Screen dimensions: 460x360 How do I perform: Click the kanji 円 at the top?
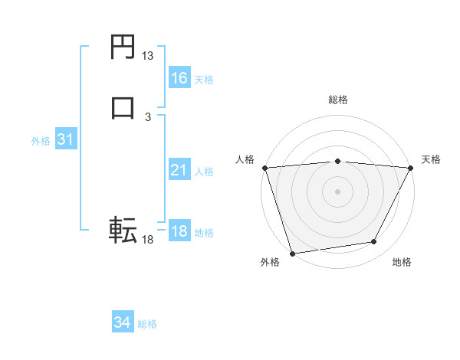pyautogui.click(x=123, y=47)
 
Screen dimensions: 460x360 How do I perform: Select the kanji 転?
pyautogui.click(x=123, y=229)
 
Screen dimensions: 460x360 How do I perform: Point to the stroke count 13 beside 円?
pyautogui.click(x=148, y=56)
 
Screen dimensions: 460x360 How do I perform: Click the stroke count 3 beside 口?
pyautogui.click(x=148, y=116)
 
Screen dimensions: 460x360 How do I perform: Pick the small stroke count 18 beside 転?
pyautogui.click(x=148, y=240)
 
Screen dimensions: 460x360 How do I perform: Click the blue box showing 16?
pyautogui.click(x=179, y=78)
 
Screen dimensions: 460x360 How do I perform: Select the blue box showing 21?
pyautogui.click(x=179, y=170)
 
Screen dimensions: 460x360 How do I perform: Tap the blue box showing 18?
pyautogui.click(x=179, y=231)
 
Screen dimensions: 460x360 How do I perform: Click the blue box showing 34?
pyautogui.click(x=123, y=323)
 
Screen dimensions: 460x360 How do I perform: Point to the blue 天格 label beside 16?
pyautogui.click(x=204, y=80)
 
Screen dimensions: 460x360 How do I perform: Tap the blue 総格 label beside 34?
pyautogui.click(x=147, y=325)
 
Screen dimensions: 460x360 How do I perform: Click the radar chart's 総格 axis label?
pyautogui.click(x=338, y=100)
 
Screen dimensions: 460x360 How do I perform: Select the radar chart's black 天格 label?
pyautogui.click(x=432, y=159)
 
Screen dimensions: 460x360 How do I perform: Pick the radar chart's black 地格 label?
pyautogui.click(x=402, y=263)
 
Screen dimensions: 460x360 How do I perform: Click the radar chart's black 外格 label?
pyautogui.click(x=270, y=263)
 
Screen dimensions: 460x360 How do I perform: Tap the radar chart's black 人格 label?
pyautogui.click(x=245, y=159)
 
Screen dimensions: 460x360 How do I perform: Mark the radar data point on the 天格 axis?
pyautogui.click(x=411, y=168)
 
